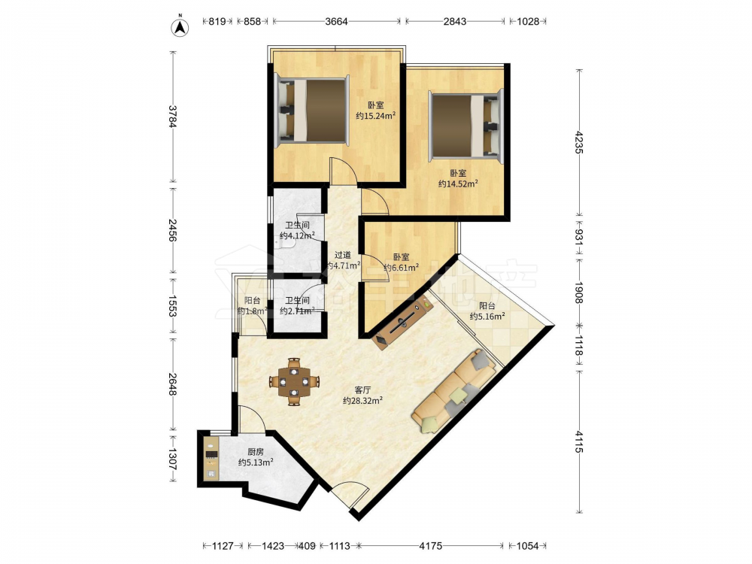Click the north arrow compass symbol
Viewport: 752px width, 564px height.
(180, 27)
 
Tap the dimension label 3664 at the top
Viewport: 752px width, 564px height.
(336, 22)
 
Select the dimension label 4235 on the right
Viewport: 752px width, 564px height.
(578, 142)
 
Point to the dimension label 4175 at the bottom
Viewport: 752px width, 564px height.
(431, 546)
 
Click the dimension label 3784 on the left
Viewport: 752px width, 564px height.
(173, 117)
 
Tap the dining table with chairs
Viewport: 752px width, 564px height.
(295, 382)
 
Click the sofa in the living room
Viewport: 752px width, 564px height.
(453, 391)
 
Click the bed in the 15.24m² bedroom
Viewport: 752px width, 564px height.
(311, 111)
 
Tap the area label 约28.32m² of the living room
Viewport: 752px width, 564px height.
(362, 401)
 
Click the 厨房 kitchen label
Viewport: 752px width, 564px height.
(256, 452)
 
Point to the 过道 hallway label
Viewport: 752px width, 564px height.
(342, 255)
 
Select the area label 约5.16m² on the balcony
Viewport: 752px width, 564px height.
(487, 316)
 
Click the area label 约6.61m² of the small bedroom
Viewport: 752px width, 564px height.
(402, 268)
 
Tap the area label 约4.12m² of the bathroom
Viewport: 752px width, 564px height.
(297, 235)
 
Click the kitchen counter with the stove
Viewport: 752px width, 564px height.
(211, 457)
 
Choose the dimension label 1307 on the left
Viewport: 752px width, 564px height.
(173, 459)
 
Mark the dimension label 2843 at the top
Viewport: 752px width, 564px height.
(455, 22)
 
